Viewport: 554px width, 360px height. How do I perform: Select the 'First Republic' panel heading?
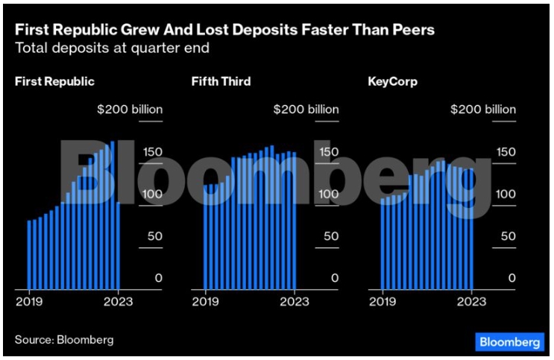[54, 82]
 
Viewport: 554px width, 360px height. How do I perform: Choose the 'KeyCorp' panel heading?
[392, 82]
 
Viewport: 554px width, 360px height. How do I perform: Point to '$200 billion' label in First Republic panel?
[130, 110]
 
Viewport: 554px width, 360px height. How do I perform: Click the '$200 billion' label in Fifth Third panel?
[306, 110]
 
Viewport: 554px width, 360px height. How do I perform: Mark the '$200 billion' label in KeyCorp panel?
[482, 110]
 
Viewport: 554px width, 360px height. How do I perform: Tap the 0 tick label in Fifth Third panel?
[335, 278]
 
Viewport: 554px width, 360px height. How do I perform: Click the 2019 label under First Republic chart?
[29, 302]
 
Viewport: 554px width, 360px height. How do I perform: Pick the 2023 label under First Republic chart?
[119, 302]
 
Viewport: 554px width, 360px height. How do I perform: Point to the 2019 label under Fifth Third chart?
[205, 302]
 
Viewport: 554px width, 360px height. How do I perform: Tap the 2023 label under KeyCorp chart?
[471, 302]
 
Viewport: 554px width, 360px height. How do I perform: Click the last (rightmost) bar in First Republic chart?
[119, 245]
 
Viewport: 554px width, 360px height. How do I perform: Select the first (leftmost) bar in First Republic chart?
[29, 254]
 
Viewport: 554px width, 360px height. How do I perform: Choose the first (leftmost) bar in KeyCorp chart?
[383, 243]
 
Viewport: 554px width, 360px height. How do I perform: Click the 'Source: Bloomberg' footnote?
[64, 340]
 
